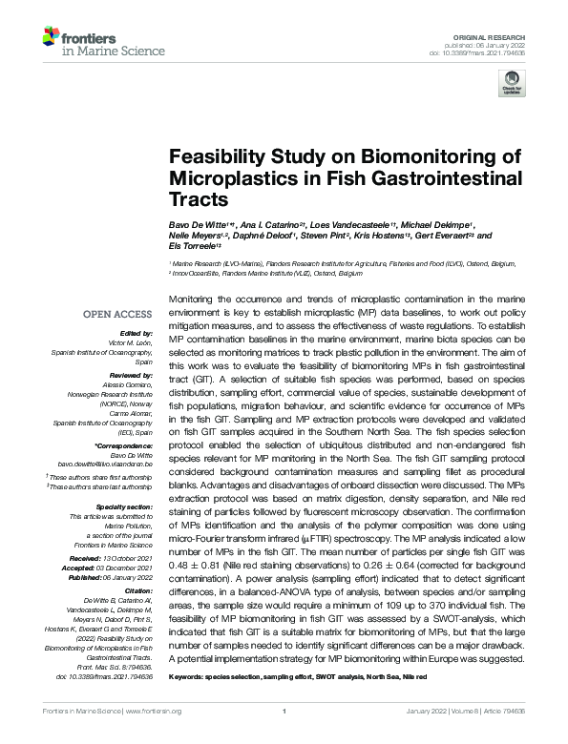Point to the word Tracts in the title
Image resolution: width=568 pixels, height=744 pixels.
click(x=199, y=200)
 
